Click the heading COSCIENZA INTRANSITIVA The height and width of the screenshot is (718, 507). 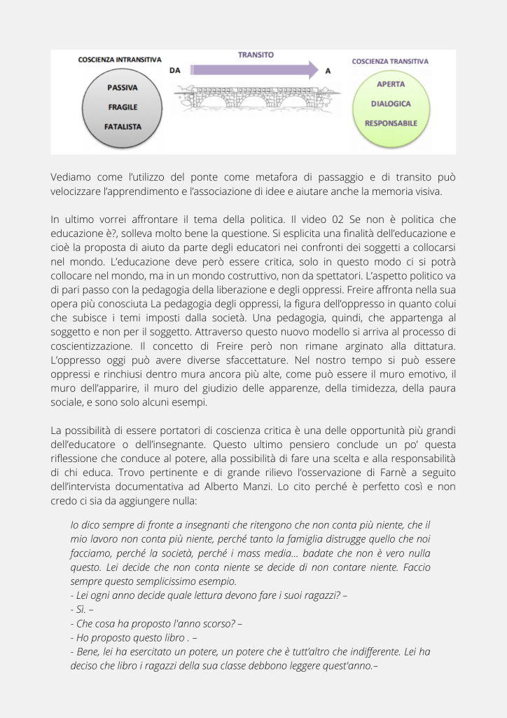pyautogui.click(x=119, y=60)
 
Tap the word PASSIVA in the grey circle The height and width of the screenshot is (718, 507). pyautogui.click(x=122, y=88)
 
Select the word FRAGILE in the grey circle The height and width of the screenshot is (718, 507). pyautogui.click(x=122, y=107)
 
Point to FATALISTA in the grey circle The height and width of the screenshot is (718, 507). pyautogui.click(x=122, y=127)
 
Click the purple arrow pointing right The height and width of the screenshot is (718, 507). pyautogui.click(x=256, y=69)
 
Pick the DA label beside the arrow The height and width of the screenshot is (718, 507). pyautogui.click(x=175, y=71)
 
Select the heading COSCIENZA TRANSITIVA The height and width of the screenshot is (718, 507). pyautogui.click(x=390, y=62)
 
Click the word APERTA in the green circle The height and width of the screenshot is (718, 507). pyautogui.click(x=391, y=84)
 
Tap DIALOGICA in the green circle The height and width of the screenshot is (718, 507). pyautogui.click(x=391, y=103)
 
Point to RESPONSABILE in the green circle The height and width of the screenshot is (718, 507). pyautogui.click(x=391, y=123)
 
